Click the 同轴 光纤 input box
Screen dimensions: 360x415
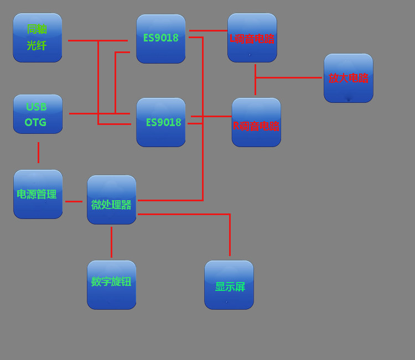pos(38,38)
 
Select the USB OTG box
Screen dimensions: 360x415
pos(38,114)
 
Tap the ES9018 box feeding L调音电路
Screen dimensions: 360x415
pos(161,39)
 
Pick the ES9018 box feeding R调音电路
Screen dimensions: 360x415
pos(161,122)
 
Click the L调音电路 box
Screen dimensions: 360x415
pos(252,38)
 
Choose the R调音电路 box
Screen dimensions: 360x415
pos(256,122)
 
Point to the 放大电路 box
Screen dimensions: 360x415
pos(349,78)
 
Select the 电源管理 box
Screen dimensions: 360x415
pos(38,194)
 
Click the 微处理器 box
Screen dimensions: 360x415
pos(112,200)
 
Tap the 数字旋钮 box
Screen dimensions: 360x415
pos(112,285)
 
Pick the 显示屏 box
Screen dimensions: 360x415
pos(229,285)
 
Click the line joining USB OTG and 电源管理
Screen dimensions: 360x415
pos(38,152)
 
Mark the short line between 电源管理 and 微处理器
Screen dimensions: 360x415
pos(74,201)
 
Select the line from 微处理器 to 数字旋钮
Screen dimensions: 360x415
pos(111,242)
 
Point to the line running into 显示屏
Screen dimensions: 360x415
pos(230,235)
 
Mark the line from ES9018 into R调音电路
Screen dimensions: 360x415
pos(211,116)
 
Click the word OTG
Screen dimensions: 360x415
pos(35,122)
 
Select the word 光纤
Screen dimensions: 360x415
pos(37,46)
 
